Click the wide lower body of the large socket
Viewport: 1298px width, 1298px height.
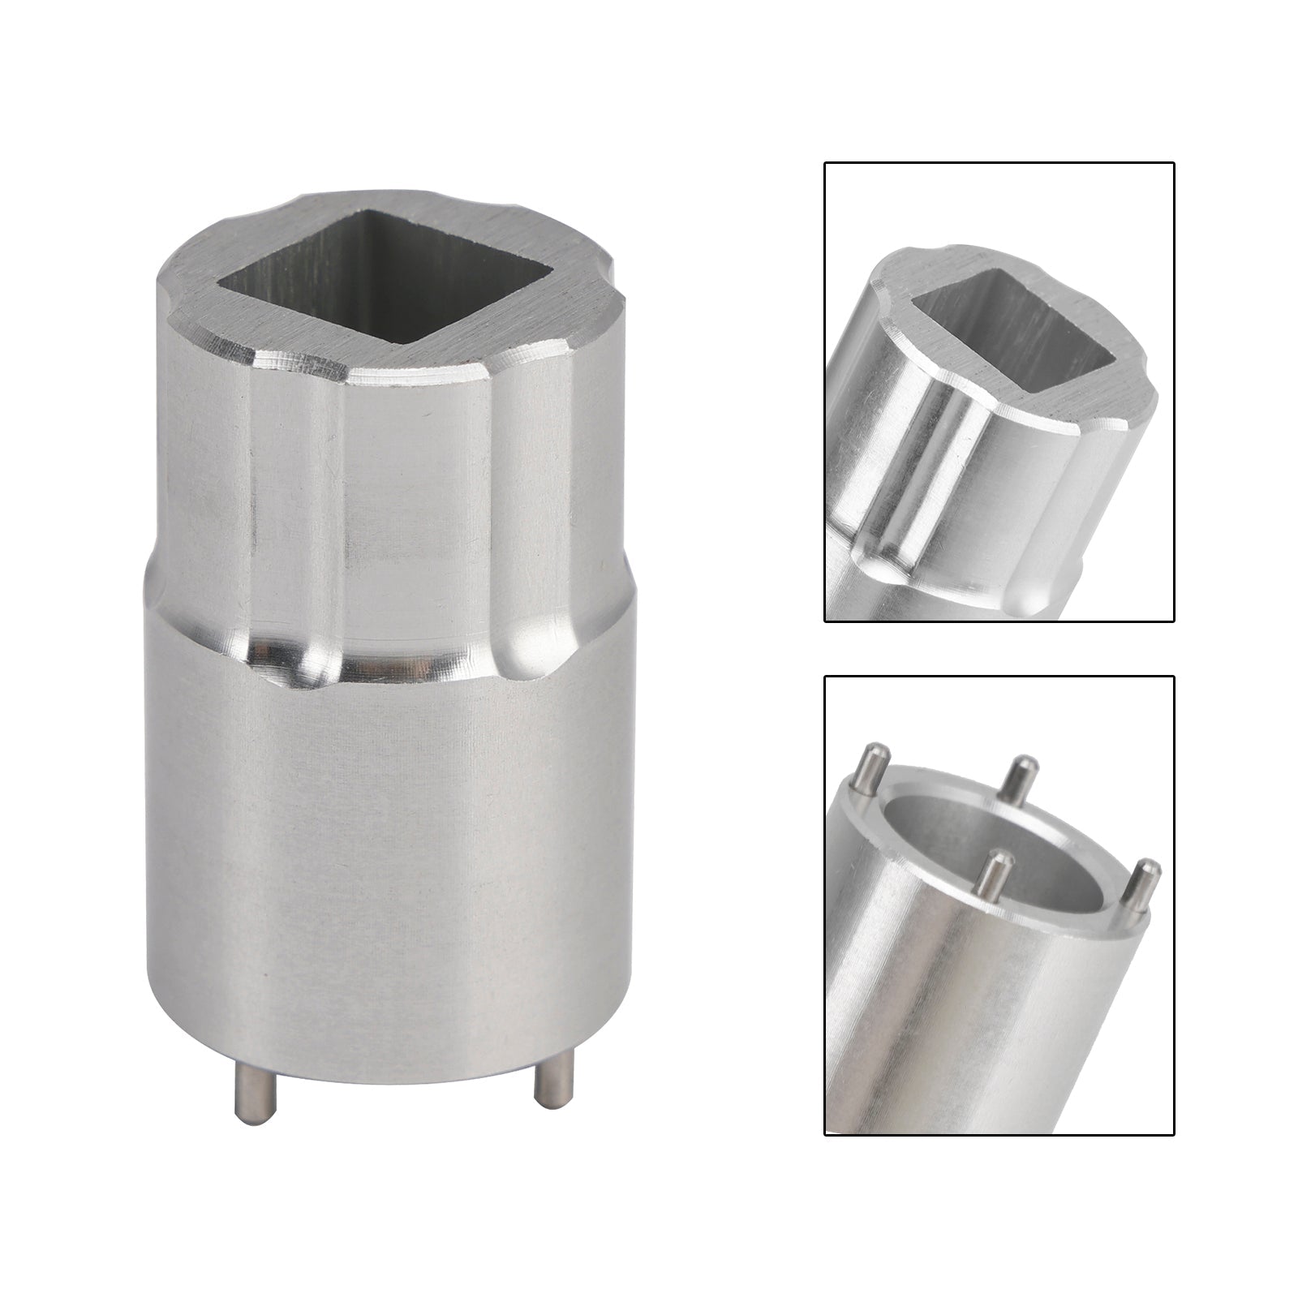pos(389,852)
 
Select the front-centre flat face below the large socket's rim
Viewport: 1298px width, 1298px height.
pos(414,487)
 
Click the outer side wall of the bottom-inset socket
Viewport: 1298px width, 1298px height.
pos(933,1014)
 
